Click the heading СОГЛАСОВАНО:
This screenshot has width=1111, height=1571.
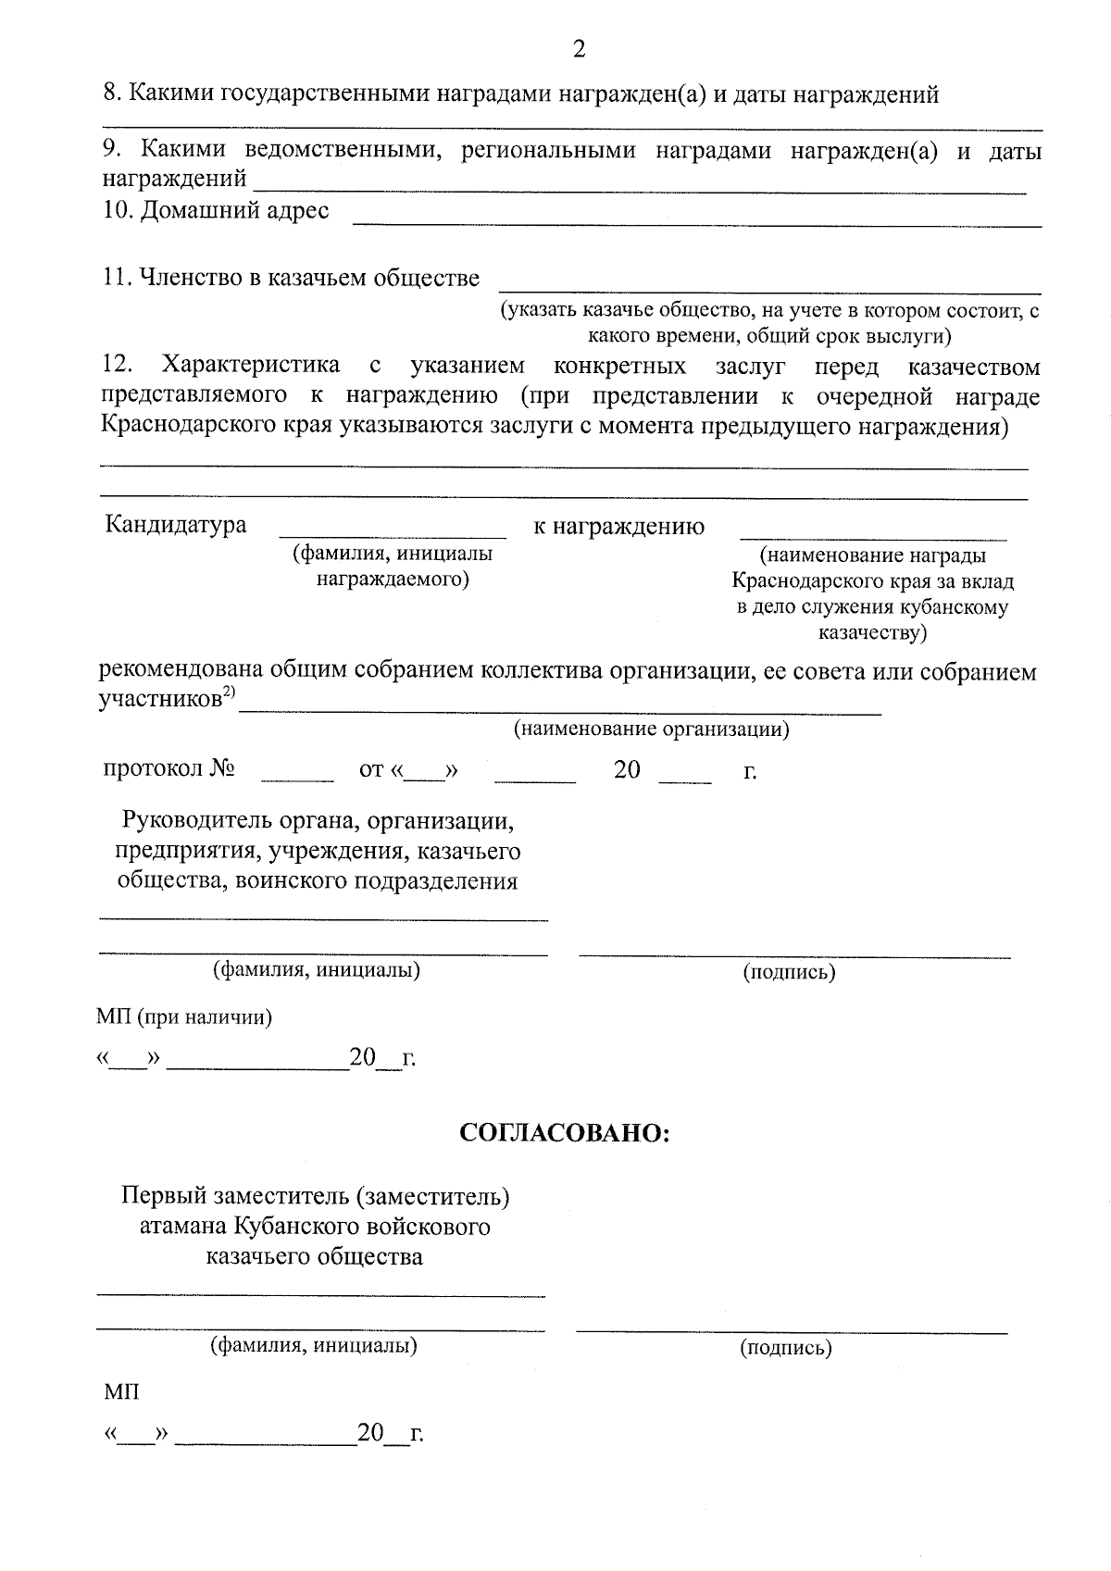click(565, 1133)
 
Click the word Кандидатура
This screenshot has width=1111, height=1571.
click(176, 526)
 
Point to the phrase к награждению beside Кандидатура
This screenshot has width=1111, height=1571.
click(618, 527)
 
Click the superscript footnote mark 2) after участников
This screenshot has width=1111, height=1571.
click(229, 693)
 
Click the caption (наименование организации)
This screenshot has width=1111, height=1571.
click(652, 729)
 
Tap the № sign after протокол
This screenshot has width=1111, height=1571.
click(222, 770)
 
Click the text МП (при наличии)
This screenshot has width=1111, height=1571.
click(184, 1017)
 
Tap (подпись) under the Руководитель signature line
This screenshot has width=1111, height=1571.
click(789, 972)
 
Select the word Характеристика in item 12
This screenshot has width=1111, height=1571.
click(251, 367)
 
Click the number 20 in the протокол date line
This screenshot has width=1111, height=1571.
click(627, 770)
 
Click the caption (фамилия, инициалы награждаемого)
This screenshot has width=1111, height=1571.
click(393, 567)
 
